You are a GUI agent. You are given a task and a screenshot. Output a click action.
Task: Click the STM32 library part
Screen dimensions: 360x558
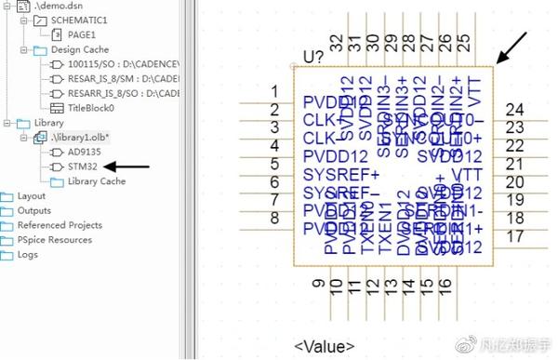click(x=83, y=167)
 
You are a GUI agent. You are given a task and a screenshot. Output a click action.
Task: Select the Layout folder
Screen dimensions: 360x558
click(x=31, y=196)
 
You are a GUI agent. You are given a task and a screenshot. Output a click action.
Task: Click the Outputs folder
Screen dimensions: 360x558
click(x=33, y=211)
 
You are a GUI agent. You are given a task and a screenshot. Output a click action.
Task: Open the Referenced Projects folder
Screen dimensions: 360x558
click(x=60, y=225)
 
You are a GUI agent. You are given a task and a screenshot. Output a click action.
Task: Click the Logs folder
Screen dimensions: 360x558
click(x=27, y=254)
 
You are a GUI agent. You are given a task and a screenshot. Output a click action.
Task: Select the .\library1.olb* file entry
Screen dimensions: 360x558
click(x=81, y=137)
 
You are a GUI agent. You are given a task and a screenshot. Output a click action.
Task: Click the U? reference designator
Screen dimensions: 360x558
click(x=313, y=57)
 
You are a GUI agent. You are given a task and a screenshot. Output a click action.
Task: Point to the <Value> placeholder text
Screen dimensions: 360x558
click(x=324, y=347)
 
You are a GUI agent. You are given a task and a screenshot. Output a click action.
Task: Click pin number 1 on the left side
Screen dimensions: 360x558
click(x=274, y=91)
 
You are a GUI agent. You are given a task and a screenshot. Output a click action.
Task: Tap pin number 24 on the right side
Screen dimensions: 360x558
click(x=514, y=110)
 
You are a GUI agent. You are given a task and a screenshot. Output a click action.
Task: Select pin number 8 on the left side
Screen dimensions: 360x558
click(x=274, y=218)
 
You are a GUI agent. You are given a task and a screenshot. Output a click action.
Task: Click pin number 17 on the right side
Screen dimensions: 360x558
click(x=514, y=236)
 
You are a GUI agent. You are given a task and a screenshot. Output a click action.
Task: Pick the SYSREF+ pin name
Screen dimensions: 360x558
click(x=341, y=174)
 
